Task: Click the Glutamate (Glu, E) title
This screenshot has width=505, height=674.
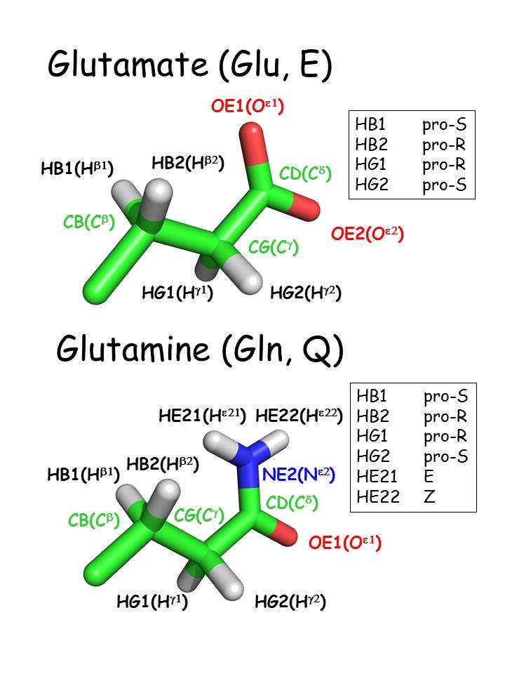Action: coord(189,67)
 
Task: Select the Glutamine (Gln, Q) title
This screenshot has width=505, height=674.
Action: coord(200,349)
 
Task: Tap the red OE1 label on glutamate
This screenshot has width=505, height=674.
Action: coord(247,107)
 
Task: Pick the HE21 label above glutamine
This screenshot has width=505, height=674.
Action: coord(202,416)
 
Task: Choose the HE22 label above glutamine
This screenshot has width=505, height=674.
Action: coord(299,416)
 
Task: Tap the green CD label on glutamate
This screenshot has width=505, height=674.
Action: coord(305,173)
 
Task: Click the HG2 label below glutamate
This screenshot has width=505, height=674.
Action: coord(306,293)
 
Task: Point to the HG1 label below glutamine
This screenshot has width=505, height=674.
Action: coord(152,602)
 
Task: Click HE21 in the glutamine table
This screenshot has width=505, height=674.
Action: coord(378,477)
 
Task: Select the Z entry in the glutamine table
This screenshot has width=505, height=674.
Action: coord(429,497)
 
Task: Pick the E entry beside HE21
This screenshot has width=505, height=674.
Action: coord(429,477)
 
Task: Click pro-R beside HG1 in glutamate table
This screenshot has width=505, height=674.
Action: coord(444,166)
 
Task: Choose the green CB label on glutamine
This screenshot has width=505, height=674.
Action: coord(94,521)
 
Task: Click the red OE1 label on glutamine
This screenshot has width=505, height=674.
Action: coord(345,543)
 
